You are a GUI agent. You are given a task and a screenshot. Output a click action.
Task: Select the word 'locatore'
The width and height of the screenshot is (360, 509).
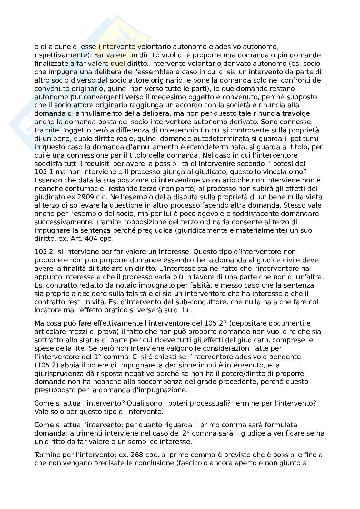46,310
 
